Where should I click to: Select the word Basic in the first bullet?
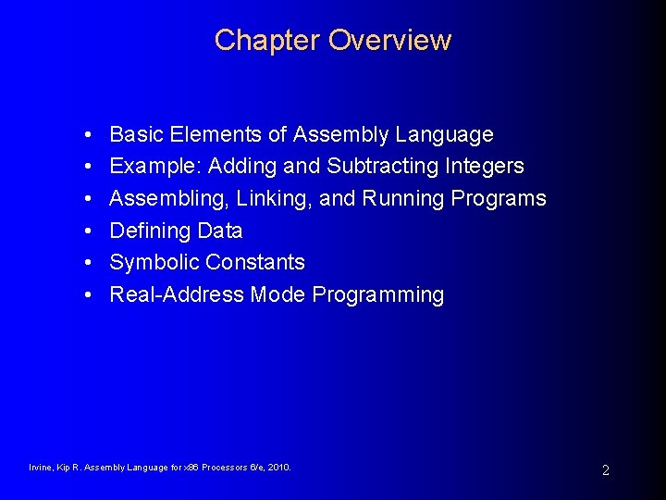tap(135, 135)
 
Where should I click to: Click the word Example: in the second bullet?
tap(155, 167)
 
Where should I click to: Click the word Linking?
tap(276, 199)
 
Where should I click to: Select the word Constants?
tap(258, 262)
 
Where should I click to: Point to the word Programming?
tap(378, 295)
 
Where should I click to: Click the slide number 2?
tap(605, 470)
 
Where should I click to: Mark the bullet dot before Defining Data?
tap(85, 231)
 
